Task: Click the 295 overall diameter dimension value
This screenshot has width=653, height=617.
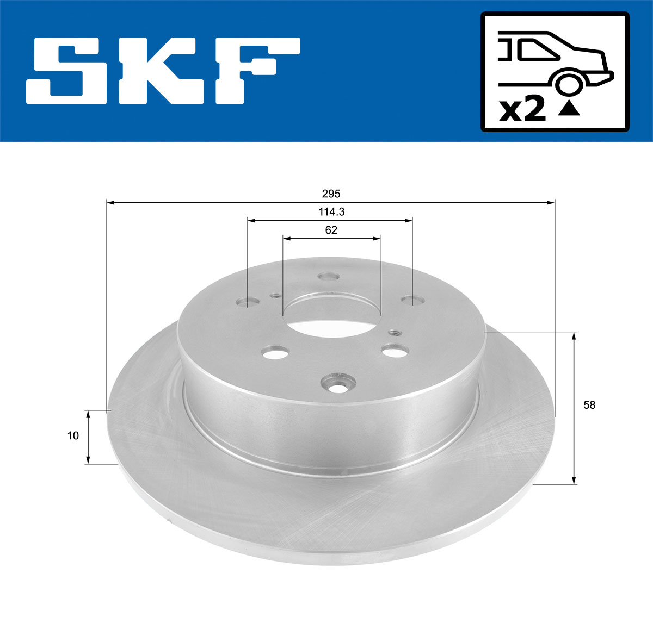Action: (331, 194)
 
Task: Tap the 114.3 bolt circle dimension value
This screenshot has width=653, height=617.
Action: (331, 212)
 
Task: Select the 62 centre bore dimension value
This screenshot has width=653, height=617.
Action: (331, 230)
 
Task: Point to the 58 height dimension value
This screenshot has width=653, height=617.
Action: (589, 405)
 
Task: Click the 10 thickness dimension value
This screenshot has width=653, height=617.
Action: (73, 435)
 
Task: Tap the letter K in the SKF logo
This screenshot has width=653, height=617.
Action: (158, 71)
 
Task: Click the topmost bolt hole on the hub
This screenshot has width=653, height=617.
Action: (329, 277)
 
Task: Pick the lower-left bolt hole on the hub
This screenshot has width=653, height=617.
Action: (274, 353)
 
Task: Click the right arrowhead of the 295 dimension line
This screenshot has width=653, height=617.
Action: (551, 203)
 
